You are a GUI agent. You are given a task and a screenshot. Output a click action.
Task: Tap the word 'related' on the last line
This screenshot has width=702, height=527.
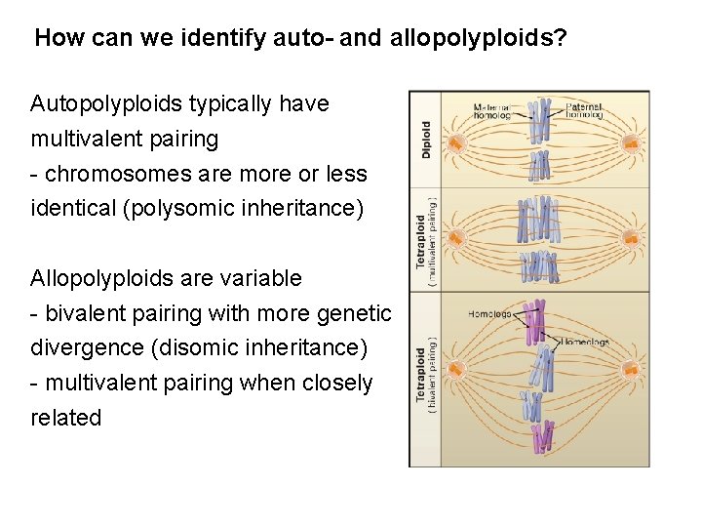65,418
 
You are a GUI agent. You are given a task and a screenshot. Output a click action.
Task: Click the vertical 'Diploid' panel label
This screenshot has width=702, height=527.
426,140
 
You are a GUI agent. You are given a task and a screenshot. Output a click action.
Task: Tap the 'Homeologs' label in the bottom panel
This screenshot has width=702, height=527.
585,342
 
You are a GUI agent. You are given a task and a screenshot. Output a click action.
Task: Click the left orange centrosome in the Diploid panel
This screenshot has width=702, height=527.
454,142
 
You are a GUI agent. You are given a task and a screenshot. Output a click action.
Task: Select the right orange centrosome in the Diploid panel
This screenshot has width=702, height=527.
631,143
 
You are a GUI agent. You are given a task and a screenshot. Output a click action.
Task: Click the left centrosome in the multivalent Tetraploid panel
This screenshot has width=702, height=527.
454,236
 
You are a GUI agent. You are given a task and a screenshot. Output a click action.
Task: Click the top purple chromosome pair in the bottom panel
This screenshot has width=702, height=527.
534,323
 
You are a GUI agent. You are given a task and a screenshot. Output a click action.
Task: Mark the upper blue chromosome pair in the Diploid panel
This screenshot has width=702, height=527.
539,122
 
